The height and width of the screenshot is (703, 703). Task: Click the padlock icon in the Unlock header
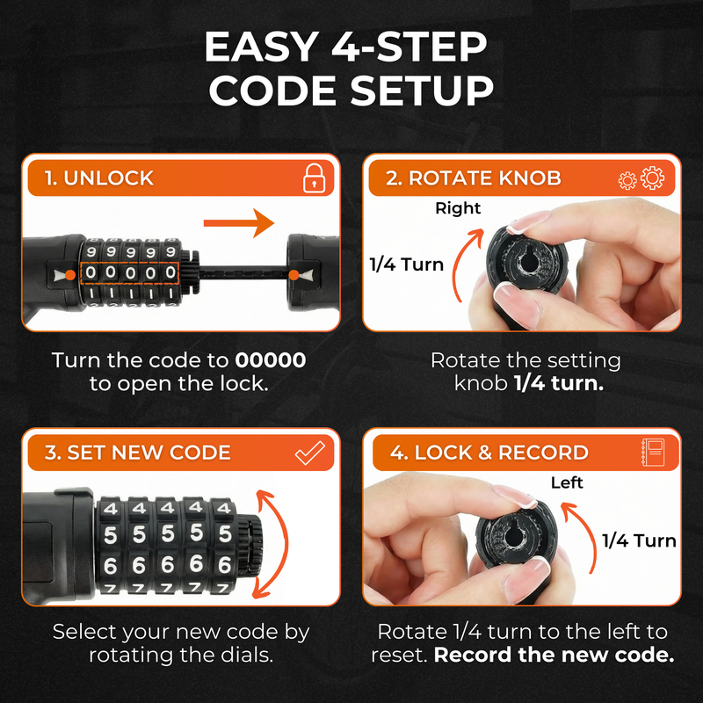[x=313, y=178]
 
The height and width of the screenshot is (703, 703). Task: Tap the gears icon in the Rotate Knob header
[x=641, y=178]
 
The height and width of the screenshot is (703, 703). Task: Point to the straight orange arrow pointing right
[x=239, y=223]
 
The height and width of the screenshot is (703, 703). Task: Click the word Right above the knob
[x=458, y=208]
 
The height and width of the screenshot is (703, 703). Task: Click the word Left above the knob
[x=566, y=482]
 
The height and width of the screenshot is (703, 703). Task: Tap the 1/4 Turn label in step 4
[x=639, y=540]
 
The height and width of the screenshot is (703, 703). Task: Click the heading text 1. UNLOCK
[x=98, y=178]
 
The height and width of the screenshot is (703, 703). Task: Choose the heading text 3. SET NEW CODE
[x=137, y=453]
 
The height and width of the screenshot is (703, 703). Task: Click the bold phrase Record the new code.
[x=554, y=656]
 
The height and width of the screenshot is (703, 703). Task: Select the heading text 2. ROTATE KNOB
[x=473, y=178]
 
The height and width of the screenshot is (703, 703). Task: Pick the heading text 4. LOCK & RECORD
[x=489, y=453]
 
